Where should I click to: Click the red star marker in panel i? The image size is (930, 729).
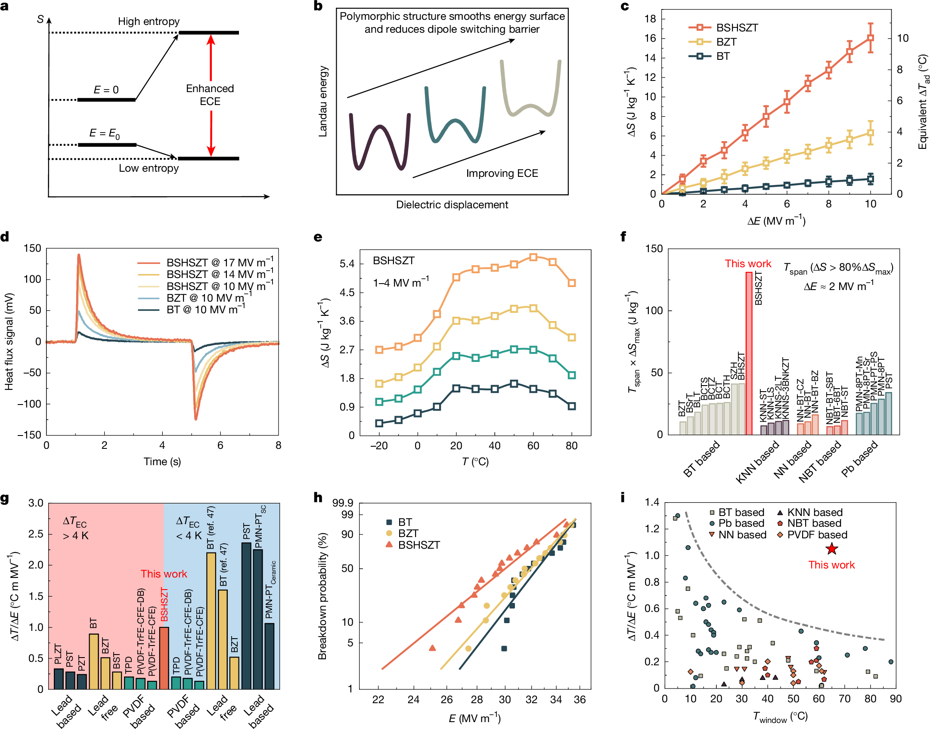coord(831,549)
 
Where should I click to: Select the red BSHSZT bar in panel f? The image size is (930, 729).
coord(749,353)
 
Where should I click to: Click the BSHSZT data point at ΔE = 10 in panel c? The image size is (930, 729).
coord(870,38)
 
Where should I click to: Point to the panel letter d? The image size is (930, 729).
coord(5,237)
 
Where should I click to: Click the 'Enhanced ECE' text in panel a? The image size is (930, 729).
coord(210,95)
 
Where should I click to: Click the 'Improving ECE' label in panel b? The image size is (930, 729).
coord(502,173)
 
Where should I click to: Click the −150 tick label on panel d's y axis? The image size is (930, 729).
coord(29,435)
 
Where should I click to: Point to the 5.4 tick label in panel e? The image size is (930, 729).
coord(347,263)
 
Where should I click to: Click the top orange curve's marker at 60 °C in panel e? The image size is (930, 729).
coord(533,257)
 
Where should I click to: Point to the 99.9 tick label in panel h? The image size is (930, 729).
coord(343,503)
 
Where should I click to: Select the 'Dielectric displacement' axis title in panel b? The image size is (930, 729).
coord(452,205)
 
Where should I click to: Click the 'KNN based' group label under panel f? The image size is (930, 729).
coord(758,462)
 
